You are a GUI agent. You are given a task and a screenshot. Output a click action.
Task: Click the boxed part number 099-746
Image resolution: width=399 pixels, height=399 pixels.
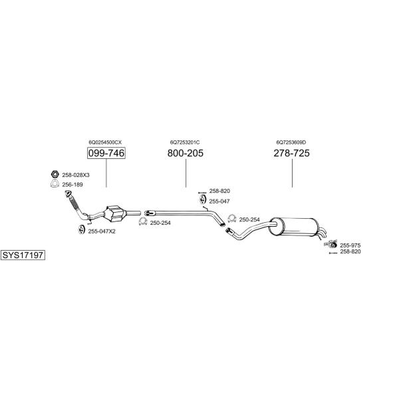[x=106, y=153]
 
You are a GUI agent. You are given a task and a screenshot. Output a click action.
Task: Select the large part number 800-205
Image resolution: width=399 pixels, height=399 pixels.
[x=186, y=153]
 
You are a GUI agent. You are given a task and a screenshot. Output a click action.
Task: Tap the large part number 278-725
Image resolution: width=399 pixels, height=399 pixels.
[x=292, y=153]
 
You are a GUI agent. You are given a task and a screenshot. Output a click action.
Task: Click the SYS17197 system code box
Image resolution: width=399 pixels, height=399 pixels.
[x=23, y=255]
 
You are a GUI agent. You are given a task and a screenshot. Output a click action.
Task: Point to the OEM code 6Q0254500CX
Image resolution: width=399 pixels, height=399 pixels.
[x=105, y=142]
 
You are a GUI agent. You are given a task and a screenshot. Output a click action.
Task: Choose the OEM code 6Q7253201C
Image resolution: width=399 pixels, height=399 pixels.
[x=185, y=142]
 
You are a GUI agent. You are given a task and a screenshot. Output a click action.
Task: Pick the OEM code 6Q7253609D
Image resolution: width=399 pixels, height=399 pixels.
[x=291, y=142]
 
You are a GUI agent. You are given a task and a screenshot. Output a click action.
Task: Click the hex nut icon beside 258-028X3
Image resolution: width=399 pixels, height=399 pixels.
[x=55, y=174]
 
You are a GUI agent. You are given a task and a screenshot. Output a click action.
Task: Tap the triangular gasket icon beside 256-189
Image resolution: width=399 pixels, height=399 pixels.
[x=55, y=184]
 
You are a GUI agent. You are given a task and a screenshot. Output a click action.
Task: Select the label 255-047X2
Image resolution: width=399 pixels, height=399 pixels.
[x=102, y=231]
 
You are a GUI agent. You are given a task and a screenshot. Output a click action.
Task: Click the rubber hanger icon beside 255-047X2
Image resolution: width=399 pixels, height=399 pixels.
[x=81, y=229]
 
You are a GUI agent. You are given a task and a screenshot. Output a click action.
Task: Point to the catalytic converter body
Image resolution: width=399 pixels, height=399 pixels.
[x=115, y=213]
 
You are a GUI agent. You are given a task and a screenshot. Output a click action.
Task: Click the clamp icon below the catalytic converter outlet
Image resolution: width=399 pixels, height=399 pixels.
[x=143, y=221]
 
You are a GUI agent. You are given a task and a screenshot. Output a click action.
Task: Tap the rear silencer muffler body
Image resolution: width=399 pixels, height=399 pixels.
[x=293, y=227]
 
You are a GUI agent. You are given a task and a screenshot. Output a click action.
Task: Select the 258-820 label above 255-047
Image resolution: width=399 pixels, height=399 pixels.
[x=219, y=191]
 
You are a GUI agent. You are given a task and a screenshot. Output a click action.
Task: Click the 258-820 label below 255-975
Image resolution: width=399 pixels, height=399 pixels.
[x=350, y=251]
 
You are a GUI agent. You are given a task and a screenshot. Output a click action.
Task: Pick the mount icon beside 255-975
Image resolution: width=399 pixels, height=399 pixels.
[x=331, y=244]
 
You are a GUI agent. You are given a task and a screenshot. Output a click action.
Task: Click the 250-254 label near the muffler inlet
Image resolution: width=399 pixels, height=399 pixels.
[x=249, y=219]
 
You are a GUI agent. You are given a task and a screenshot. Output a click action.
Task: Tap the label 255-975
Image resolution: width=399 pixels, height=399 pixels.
[x=350, y=245]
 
